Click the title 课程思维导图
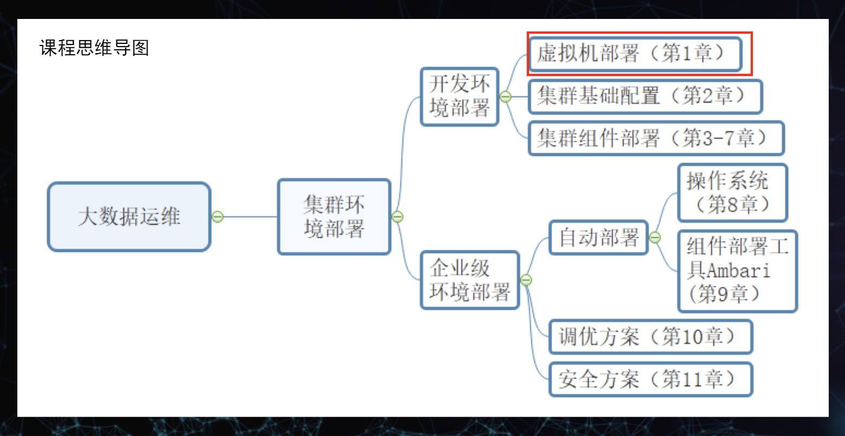(94, 48)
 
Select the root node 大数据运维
(129, 217)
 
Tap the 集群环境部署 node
(334, 217)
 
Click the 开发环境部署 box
(459, 96)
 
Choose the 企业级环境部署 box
(470, 280)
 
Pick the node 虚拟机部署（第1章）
(634, 54)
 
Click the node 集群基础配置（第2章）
(645, 96)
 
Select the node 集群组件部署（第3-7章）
(655, 139)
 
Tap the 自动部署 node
(599, 237)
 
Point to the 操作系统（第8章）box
(732, 193)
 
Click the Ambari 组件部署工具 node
(737, 271)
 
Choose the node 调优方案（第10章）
(650, 337)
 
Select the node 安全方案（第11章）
(650, 379)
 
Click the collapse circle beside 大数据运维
(218, 217)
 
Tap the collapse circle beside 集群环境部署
(398, 217)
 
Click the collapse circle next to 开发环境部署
(505, 96)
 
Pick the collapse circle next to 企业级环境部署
(526, 280)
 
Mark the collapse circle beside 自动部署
(655, 237)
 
